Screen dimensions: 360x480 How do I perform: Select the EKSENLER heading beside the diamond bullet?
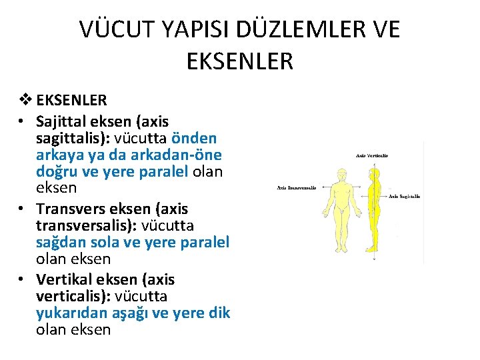(x=71, y=101)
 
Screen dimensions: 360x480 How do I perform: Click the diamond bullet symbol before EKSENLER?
(x=27, y=101)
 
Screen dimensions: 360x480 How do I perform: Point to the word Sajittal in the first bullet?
(x=63, y=121)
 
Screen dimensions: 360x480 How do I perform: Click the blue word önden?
(x=194, y=138)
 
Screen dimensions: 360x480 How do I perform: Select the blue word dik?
(x=219, y=313)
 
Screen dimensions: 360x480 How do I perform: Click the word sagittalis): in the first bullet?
(x=73, y=138)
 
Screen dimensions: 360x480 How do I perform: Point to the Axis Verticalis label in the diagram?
(x=372, y=155)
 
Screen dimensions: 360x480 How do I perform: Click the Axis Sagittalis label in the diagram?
(x=404, y=197)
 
